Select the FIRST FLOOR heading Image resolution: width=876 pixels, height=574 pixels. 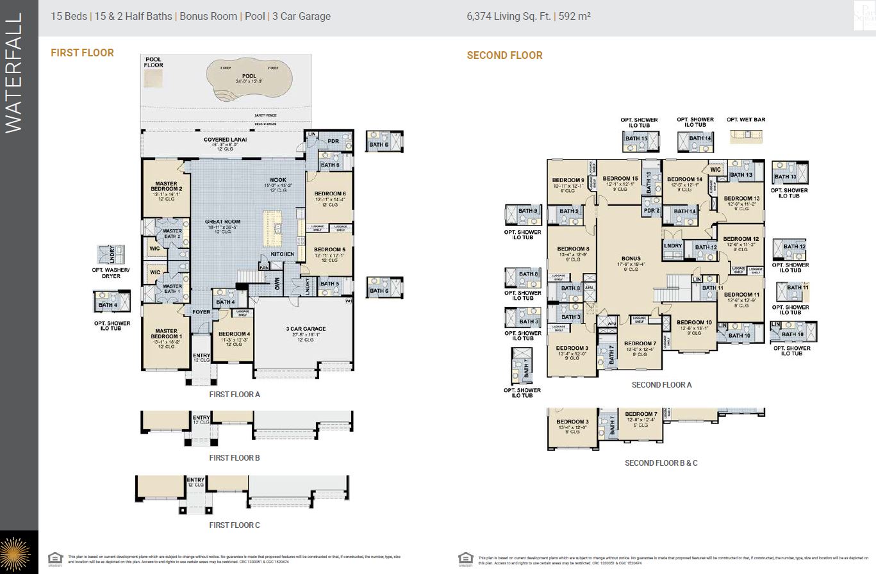[82, 53]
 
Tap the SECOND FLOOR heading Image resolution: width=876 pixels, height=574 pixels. [504, 56]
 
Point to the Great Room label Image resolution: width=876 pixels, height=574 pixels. [222, 222]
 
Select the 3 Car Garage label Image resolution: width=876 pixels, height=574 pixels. [306, 329]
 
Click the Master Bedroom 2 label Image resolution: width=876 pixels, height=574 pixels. [161, 188]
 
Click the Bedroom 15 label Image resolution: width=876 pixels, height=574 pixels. [620, 178]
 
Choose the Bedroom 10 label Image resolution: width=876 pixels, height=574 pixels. [694, 322]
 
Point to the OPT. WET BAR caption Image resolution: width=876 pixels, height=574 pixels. [746, 120]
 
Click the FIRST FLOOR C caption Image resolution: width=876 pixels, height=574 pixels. [235, 525]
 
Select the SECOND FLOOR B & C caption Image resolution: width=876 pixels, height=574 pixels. [661, 463]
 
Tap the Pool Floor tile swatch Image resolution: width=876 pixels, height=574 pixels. [154, 78]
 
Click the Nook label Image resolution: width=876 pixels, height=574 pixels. [278, 180]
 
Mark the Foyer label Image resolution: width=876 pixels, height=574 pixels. [201, 312]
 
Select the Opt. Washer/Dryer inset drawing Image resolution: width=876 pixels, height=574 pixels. [111, 254]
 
